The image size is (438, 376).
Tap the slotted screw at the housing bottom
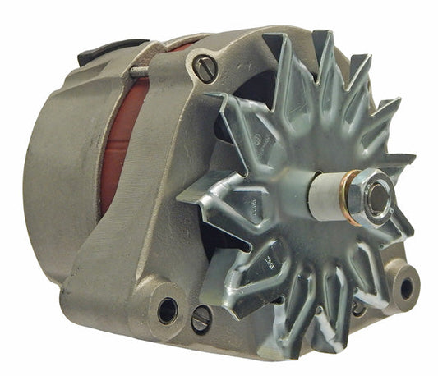tap(201, 319)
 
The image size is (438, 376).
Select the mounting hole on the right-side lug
tap(405, 287)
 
